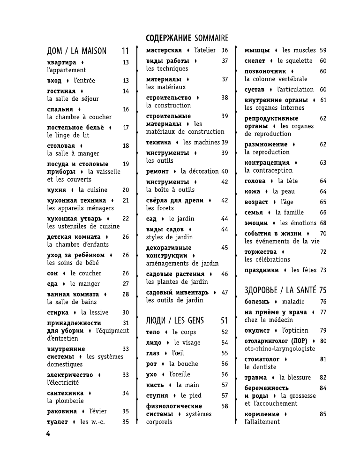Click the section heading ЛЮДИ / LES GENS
[x=175, y=321]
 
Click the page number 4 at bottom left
[x=48, y=433]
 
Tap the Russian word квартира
[x=61, y=62]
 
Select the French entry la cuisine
[x=93, y=190]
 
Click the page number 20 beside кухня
[x=125, y=190]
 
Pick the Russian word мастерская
[x=164, y=50]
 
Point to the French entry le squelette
[x=295, y=61]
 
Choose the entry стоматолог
[x=261, y=359]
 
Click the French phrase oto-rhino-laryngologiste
[x=279, y=349]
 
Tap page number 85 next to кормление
[x=323, y=414]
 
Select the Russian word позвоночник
[x=265, y=71]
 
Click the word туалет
[x=58, y=422]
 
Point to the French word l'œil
[x=178, y=353]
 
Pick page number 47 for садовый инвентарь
[x=225, y=292]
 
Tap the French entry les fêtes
[x=303, y=270]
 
